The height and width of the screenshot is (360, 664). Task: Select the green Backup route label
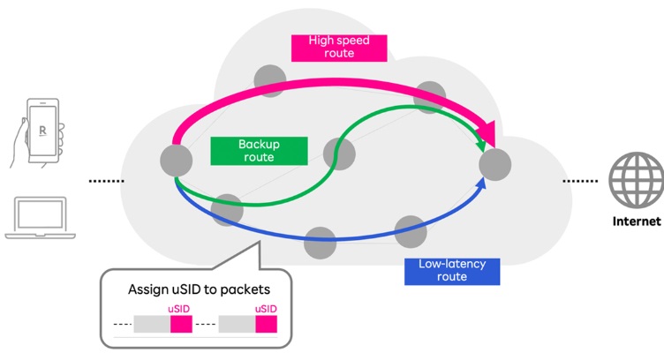click(x=255, y=151)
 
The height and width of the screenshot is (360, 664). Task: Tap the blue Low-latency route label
click(x=451, y=271)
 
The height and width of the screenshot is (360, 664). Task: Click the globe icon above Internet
click(x=636, y=180)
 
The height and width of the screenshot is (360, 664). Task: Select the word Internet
click(x=636, y=221)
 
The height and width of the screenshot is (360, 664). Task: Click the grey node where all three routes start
click(x=176, y=160)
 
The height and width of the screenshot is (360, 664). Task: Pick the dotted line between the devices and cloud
click(x=107, y=181)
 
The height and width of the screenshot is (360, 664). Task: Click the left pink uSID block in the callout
click(x=181, y=324)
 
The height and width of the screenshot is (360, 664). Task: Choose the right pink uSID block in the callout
click(x=266, y=324)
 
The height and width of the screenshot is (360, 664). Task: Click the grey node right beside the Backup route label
click(x=339, y=154)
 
